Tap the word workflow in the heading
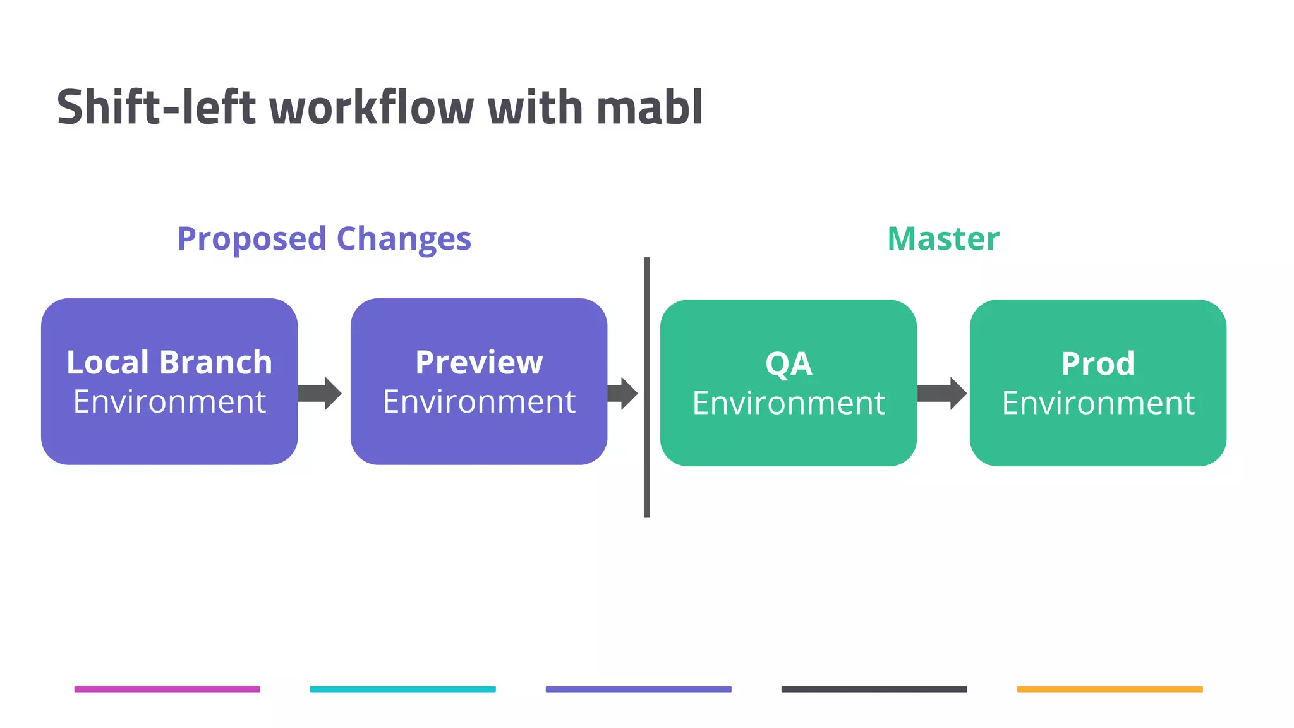[372, 107]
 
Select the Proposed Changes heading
[324, 239]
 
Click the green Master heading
[943, 239]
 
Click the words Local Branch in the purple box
[169, 363]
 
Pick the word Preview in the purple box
[479, 363]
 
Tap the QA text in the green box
[789, 364]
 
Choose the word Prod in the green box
[1098, 364]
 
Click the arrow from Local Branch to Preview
[320, 394]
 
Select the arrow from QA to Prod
[942, 394]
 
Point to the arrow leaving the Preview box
[623, 394]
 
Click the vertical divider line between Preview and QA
[647, 387]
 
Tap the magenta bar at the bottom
[167, 689]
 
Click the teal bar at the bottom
[403, 689]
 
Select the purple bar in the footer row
[639, 689]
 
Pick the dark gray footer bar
[874, 689]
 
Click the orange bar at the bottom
[1110, 689]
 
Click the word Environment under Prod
[1098, 403]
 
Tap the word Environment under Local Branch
[169, 402]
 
